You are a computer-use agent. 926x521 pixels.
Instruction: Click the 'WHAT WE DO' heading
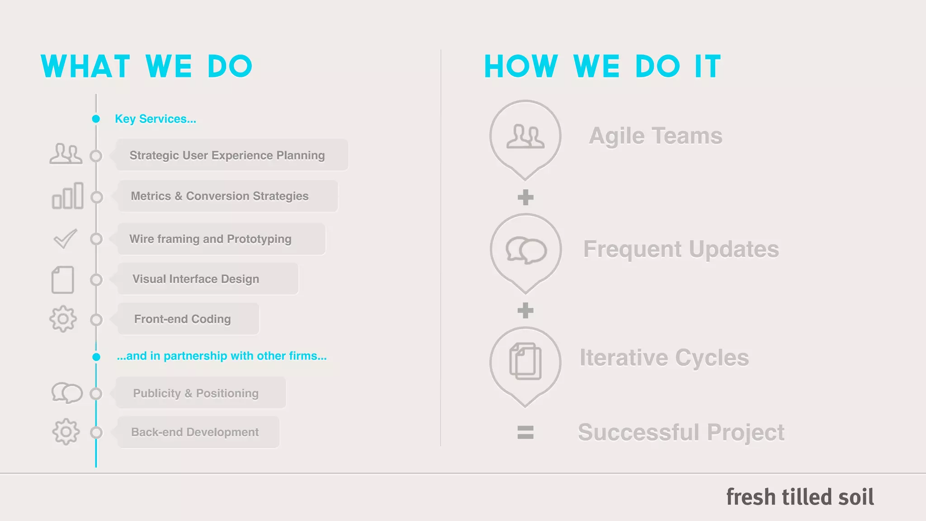tap(146, 66)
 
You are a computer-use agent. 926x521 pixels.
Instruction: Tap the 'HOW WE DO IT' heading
tap(602, 66)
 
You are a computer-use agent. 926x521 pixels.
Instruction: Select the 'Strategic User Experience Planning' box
tap(231, 155)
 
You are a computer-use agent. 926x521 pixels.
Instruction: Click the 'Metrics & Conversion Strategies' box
tap(227, 196)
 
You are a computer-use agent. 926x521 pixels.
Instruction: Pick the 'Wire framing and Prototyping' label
tap(210, 239)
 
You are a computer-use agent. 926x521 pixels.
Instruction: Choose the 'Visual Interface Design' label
tap(196, 279)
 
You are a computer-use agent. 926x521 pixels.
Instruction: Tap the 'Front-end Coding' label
tap(182, 319)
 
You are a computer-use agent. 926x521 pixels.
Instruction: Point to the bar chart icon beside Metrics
tap(68, 196)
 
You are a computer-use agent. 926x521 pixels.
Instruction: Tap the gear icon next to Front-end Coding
tap(63, 319)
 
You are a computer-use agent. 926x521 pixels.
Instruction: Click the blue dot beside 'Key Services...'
tap(96, 119)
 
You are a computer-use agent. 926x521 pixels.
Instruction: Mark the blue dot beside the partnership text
tap(96, 357)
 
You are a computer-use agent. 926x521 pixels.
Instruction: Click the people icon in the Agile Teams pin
tap(525, 137)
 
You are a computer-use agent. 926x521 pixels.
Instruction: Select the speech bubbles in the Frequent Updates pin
tap(526, 250)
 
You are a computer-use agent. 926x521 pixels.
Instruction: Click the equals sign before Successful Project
tap(525, 432)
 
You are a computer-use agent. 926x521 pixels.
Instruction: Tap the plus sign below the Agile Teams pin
tap(525, 197)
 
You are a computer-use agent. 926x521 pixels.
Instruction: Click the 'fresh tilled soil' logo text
tap(800, 497)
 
